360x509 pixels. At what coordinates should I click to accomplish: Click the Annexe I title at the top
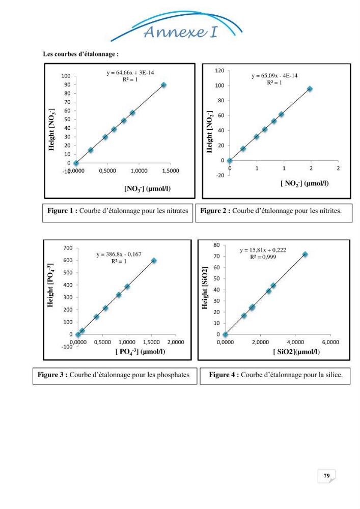pyautogui.click(x=180, y=32)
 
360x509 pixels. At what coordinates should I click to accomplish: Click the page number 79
pyautogui.click(x=326, y=475)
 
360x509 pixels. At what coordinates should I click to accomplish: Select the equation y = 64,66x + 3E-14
pyautogui.click(x=130, y=73)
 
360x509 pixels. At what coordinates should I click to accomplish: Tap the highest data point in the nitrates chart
pyautogui.click(x=163, y=84)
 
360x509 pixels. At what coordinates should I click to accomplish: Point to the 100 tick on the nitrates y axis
pyautogui.click(x=66, y=76)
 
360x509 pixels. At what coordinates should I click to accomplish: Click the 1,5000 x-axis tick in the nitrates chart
pyautogui.click(x=171, y=171)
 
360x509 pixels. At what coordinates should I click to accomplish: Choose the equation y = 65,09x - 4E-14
pyautogui.click(x=274, y=76)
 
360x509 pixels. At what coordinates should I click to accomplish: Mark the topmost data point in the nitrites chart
pyautogui.click(x=310, y=89)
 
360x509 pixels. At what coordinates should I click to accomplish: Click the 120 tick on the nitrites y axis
pyautogui.click(x=219, y=71)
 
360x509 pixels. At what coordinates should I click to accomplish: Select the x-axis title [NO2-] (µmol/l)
pyautogui.click(x=304, y=184)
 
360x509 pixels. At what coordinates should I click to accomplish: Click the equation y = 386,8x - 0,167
pyautogui.click(x=119, y=254)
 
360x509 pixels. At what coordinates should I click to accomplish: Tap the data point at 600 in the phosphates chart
pyautogui.click(x=154, y=260)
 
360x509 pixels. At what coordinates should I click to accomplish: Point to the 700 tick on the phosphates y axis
pyautogui.click(x=68, y=248)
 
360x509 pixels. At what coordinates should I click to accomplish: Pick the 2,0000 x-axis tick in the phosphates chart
pyautogui.click(x=176, y=342)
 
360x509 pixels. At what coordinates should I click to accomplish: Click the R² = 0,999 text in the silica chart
pyautogui.click(x=263, y=257)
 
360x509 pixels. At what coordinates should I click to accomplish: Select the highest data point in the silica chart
pyautogui.click(x=305, y=254)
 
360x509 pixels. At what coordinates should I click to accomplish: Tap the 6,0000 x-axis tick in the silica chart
pyautogui.click(x=330, y=342)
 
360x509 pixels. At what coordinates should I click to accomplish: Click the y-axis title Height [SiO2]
pyautogui.click(x=205, y=288)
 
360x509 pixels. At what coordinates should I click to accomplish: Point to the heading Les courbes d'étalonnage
pyautogui.click(x=81, y=54)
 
